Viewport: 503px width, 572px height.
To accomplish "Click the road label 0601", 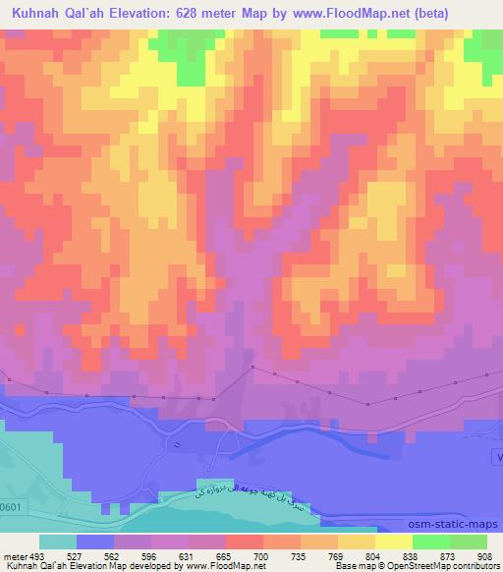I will pyautogui.click(x=11, y=506).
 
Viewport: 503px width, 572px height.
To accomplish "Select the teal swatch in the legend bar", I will pyautogui.click(x=57, y=542).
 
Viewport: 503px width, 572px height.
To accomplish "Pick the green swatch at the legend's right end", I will pyautogui.click(x=469, y=542).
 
